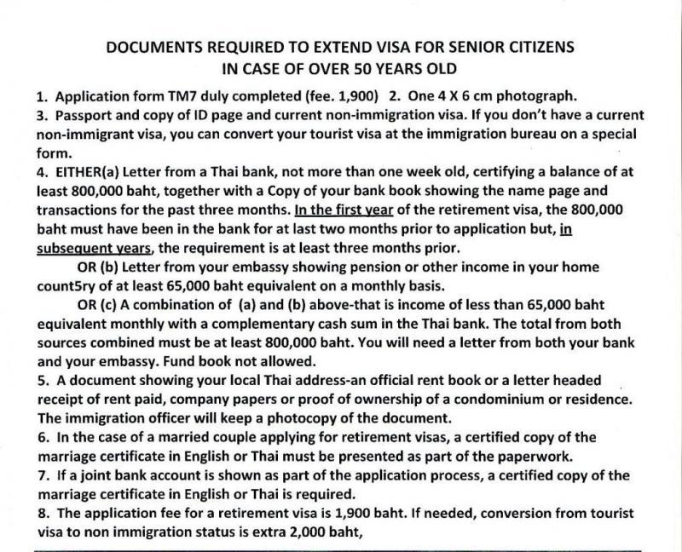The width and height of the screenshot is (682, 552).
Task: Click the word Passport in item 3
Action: coord(84,116)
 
